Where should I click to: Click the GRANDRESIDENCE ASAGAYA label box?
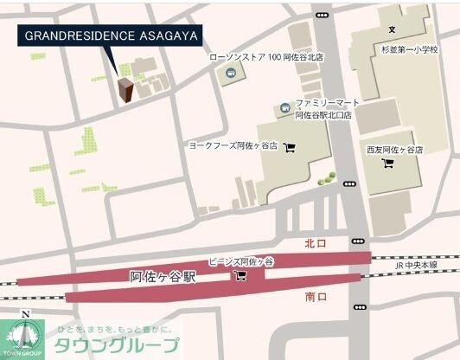click(x=110, y=35)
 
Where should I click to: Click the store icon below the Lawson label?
click(x=231, y=74)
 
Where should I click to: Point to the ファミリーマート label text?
click(x=324, y=102)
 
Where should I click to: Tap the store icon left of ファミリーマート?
click(x=284, y=108)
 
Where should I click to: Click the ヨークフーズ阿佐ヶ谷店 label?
click(x=233, y=146)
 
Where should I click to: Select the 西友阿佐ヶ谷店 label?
click(x=394, y=150)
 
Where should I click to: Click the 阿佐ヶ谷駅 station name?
click(x=163, y=278)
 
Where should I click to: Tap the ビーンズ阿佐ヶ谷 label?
click(x=240, y=260)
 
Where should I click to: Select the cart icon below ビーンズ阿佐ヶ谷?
click(x=240, y=276)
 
